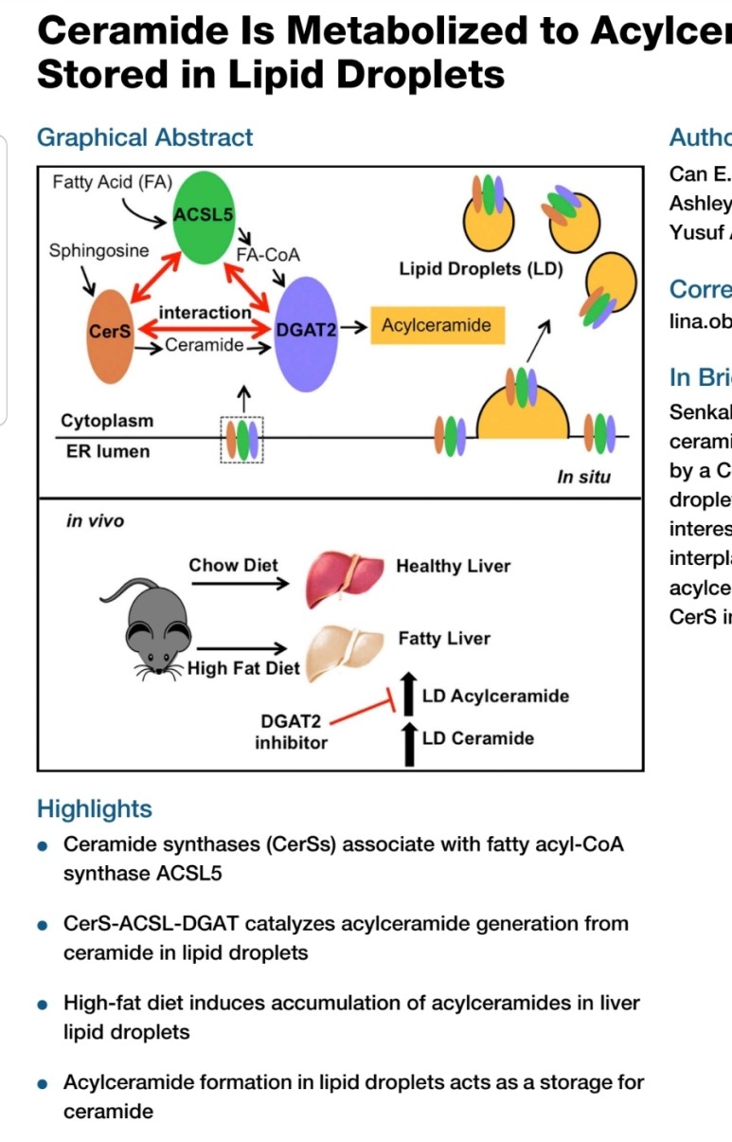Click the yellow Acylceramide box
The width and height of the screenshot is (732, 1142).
437,326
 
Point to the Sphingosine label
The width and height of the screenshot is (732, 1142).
99,251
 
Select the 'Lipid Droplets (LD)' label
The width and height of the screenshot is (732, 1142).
481,269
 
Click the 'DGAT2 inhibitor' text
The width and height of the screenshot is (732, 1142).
291,733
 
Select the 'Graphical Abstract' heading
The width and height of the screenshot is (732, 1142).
145,137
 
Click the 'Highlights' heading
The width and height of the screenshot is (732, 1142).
94,808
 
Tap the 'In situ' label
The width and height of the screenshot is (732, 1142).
583,477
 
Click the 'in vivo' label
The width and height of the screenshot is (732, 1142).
95,520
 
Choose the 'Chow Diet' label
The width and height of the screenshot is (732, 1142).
233,565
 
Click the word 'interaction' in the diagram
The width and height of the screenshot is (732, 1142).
205,312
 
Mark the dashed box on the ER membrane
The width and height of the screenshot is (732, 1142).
243,439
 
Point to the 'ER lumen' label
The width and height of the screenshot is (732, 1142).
106,451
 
